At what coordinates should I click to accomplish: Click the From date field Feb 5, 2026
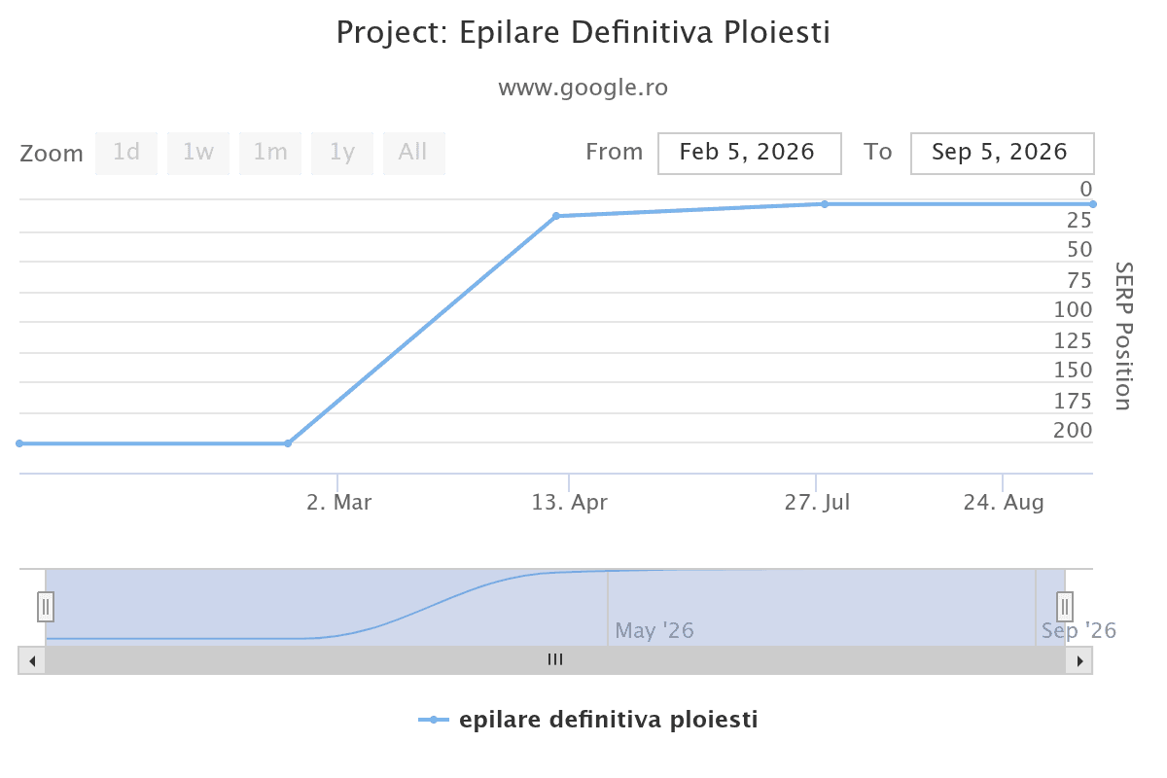[749, 154]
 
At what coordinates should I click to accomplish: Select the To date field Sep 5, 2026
[1002, 154]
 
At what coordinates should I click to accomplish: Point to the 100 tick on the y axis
[1072, 309]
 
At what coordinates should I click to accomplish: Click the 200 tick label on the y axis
[1072, 431]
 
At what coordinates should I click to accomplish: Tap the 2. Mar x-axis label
[339, 503]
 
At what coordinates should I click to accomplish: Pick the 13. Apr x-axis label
[569, 503]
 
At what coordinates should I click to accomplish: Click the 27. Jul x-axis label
[817, 503]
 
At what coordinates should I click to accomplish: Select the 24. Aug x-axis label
[1004, 503]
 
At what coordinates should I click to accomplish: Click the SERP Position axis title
[1124, 336]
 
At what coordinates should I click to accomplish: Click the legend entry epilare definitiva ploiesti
[587, 720]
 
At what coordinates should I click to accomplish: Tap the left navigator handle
[46, 607]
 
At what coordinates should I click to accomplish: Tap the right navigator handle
[1065, 607]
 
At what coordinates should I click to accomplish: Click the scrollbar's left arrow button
[32, 660]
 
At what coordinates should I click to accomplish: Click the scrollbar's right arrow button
[1079, 660]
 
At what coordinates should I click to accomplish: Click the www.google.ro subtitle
[583, 88]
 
